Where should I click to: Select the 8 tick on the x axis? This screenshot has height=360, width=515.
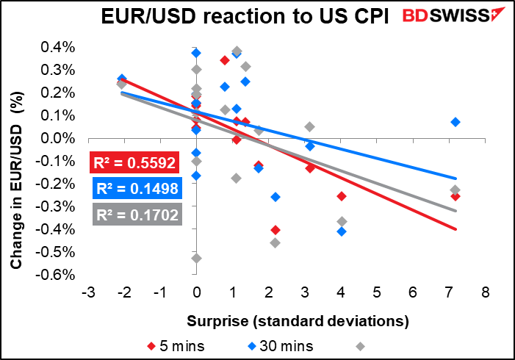pyautogui.click(x=485, y=292)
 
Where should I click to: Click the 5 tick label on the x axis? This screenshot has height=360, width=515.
pyautogui.click(x=376, y=292)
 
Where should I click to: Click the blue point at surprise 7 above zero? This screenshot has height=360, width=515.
pyautogui.click(x=455, y=122)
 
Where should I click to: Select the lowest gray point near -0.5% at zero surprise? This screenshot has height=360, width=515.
pyautogui.click(x=196, y=258)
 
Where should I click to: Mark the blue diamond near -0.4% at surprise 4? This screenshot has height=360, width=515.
pyautogui.click(x=342, y=231)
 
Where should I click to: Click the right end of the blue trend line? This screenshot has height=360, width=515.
pyautogui.click(x=456, y=178)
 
